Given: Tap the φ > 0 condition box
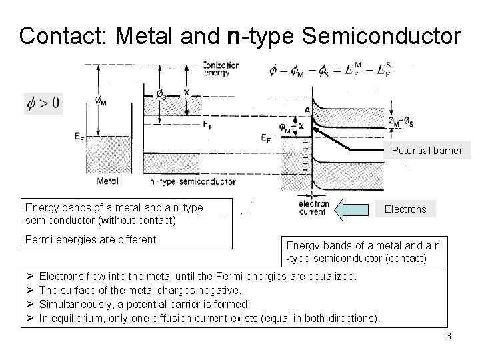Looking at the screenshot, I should tap(43, 103).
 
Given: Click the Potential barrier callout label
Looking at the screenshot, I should tap(427, 151).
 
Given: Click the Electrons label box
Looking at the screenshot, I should tap(405, 209).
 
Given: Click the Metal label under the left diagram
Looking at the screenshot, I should tap(108, 181).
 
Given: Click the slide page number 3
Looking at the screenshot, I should tap(449, 336).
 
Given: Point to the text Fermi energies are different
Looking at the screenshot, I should tap(89, 239).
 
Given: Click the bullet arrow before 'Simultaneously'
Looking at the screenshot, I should tap(28, 303).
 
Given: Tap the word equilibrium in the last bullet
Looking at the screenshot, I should tap(78, 317).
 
